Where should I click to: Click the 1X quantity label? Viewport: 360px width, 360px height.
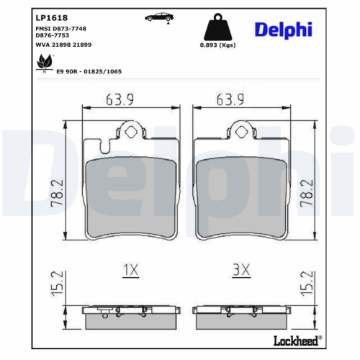(x=130, y=270)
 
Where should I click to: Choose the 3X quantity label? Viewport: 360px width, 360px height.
(x=240, y=270)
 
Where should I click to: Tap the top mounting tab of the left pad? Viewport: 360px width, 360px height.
(x=131, y=132)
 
